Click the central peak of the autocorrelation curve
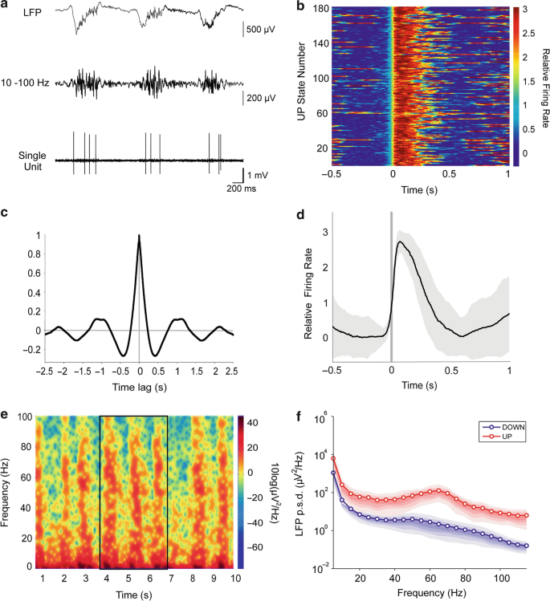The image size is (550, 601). pyautogui.click(x=140, y=238)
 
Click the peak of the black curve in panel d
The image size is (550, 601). pyautogui.click(x=400, y=242)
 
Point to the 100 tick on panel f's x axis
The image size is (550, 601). pyautogui.click(x=500, y=577)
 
